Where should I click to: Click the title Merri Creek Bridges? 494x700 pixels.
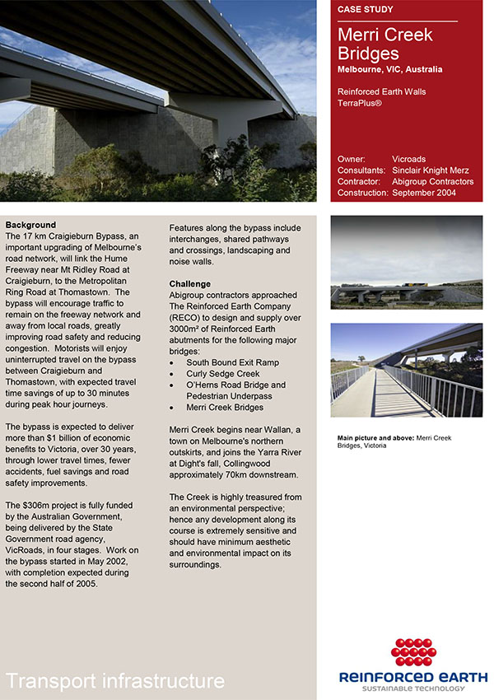click(x=384, y=44)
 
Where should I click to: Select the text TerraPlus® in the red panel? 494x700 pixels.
click(x=361, y=104)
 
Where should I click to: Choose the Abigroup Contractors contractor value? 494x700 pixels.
click(x=433, y=181)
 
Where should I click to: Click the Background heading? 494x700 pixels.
click(x=30, y=225)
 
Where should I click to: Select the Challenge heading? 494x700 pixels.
click(x=190, y=283)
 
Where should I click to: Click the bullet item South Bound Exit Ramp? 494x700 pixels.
click(x=233, y=362)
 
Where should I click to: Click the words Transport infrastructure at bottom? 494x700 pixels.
click(x=115, y=680)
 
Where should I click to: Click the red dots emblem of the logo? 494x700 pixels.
click(x=413, y=651)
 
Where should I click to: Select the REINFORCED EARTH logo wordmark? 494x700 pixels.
click(x=413, y=677)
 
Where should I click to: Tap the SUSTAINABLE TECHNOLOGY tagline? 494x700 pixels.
click(x=413, y=689)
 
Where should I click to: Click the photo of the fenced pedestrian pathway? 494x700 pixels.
click(x=406, y=371)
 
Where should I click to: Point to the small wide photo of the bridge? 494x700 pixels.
click(x=406, y=262)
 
